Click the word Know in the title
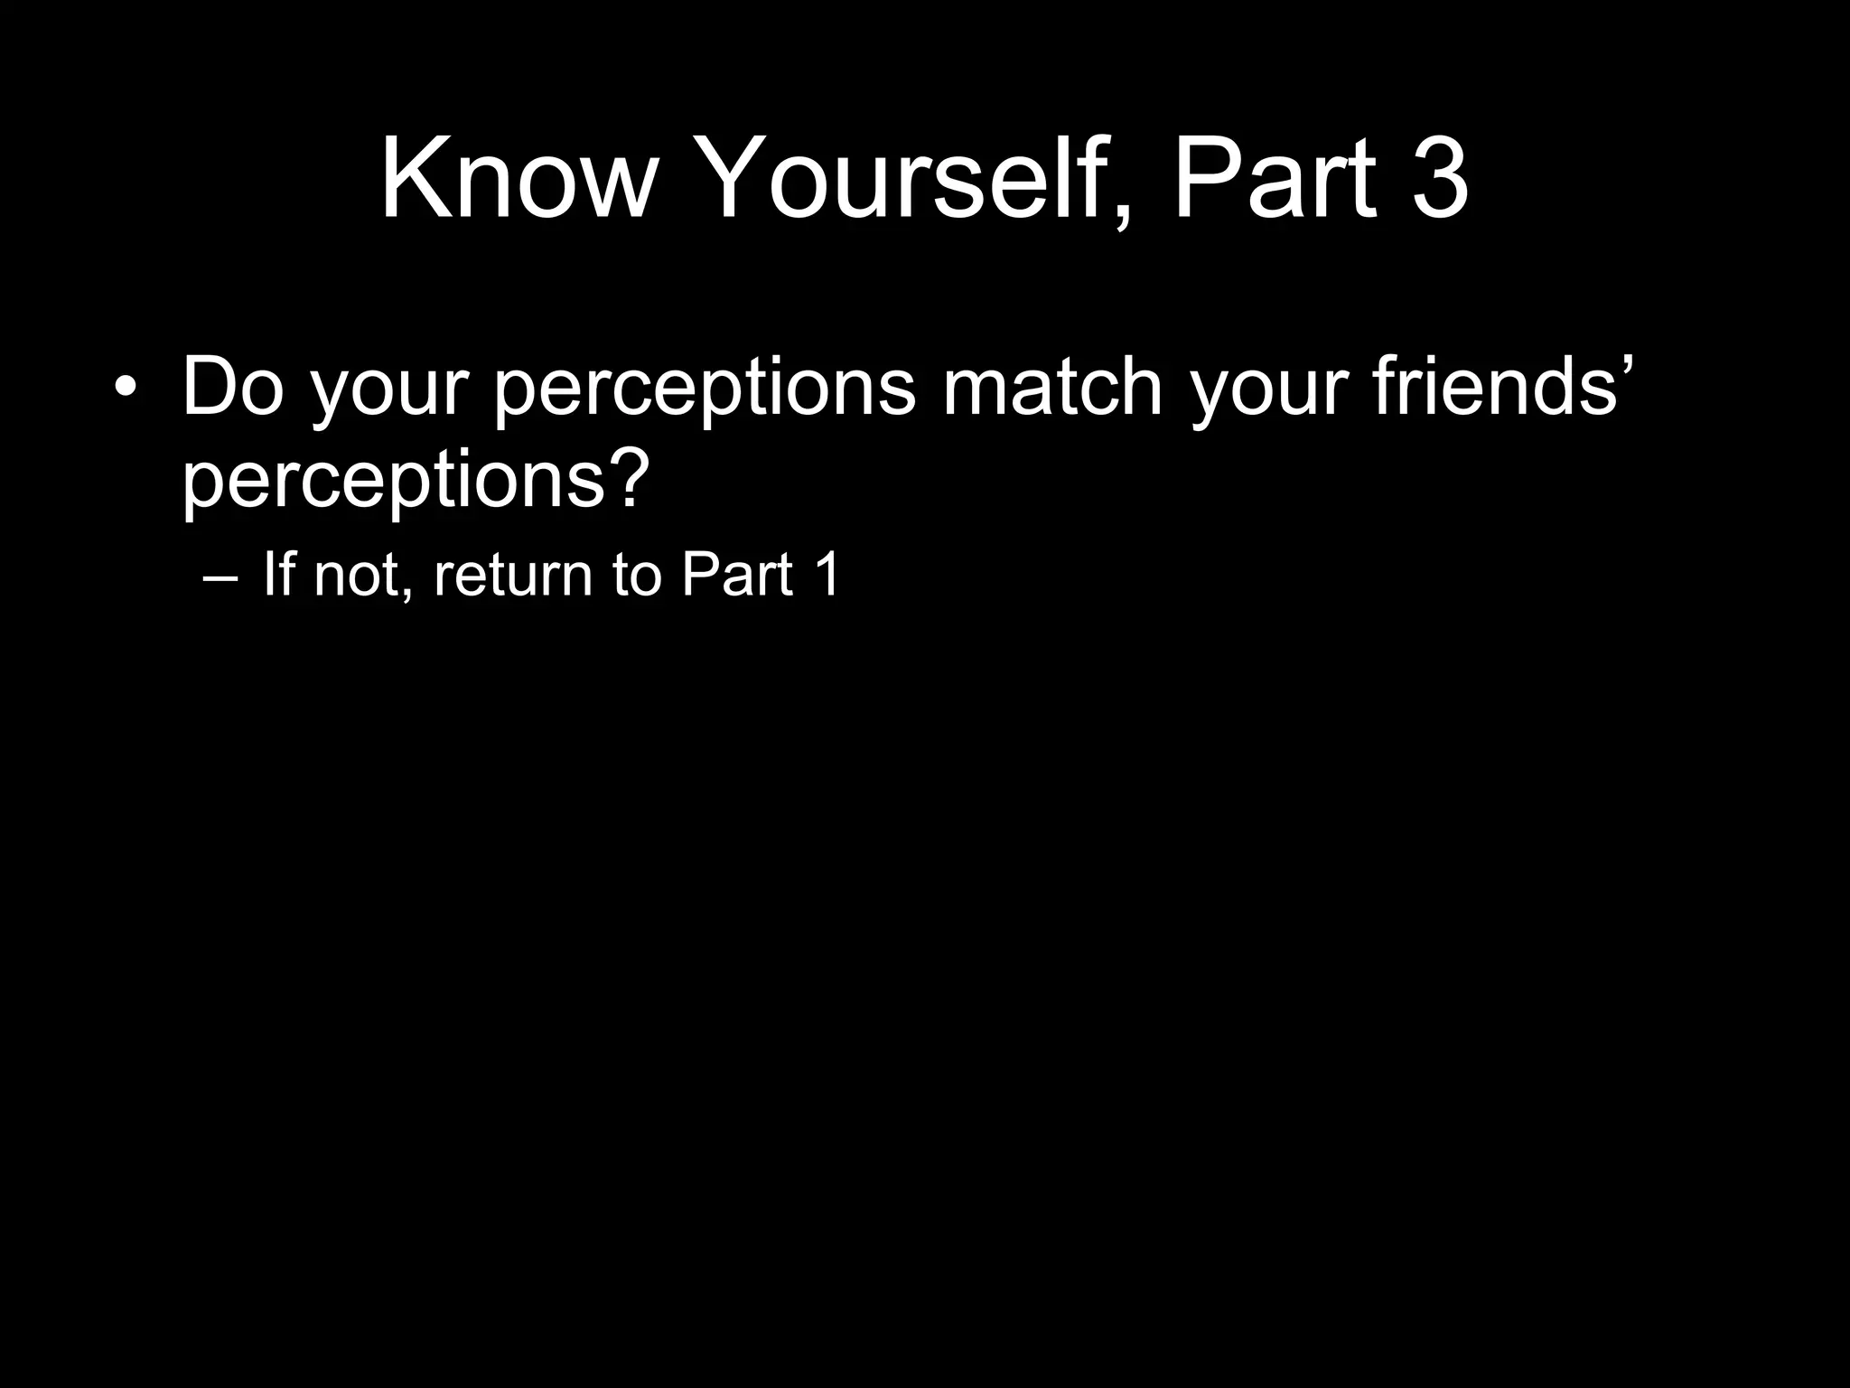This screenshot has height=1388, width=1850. click(516, 178)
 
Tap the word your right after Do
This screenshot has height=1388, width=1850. click(389, 393)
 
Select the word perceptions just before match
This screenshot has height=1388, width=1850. click(705, 393)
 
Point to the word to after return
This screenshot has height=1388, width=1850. click(637, 575)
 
